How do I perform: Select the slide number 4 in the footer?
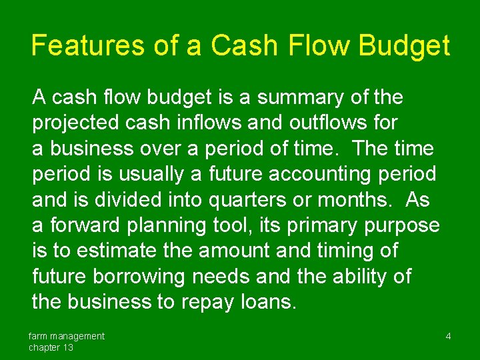448,337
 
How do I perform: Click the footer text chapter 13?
51,347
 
